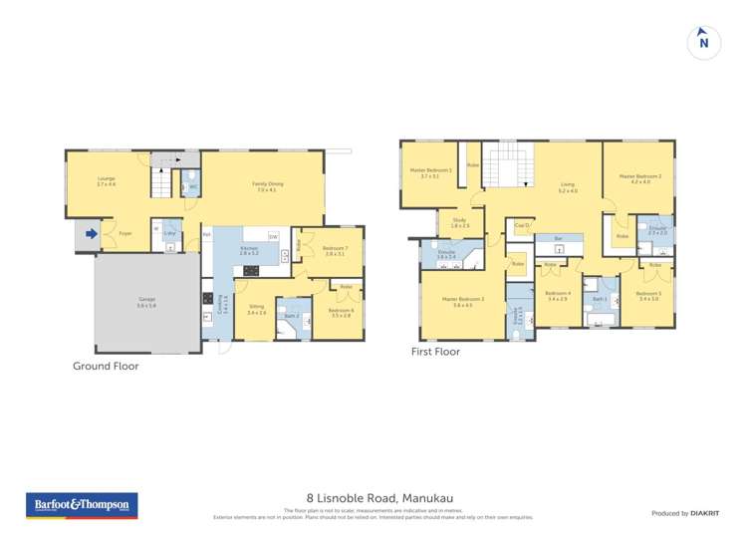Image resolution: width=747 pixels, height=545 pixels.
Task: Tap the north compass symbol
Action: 704,43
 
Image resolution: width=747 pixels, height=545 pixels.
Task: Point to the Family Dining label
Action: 265,185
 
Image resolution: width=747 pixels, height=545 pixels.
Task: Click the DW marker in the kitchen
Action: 273,236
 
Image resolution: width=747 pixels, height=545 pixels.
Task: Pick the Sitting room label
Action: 256,308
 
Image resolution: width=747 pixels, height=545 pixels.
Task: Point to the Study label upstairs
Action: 459,221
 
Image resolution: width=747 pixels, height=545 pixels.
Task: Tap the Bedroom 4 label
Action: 559,294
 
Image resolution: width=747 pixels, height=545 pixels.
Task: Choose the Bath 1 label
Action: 599,298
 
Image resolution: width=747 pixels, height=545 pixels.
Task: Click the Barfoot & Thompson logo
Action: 82,505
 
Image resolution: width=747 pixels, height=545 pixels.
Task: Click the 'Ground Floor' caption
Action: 106,366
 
